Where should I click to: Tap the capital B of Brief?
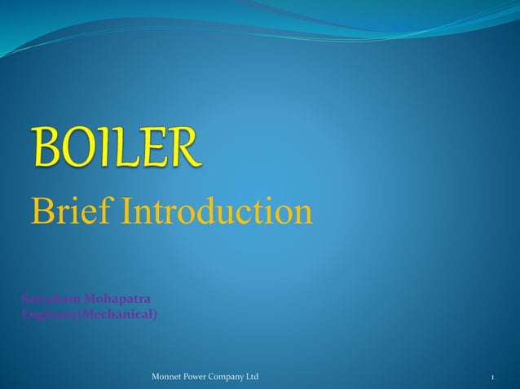point(41,212)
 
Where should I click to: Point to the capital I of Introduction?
point(126,212)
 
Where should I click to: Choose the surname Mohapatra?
point(113,299)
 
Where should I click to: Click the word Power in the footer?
point(201,378)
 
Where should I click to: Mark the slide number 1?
point(494,378)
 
